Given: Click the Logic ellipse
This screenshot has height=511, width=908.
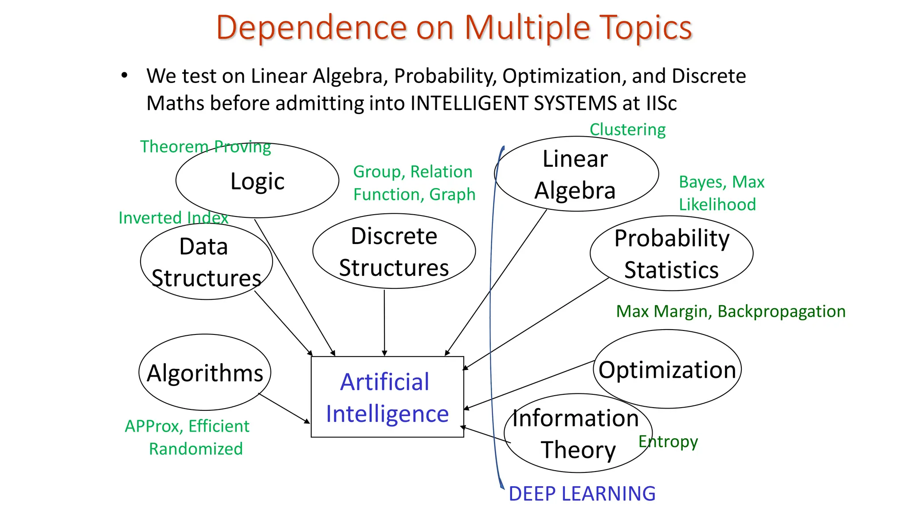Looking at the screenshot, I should click(x=257, y=181).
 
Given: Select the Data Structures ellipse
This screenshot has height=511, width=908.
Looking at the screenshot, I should click(x=206, y=262).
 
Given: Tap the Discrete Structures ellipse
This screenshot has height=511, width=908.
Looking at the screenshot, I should click(x=394, y=252).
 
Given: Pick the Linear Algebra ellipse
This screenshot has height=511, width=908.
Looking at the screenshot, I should click(x=576, y=174).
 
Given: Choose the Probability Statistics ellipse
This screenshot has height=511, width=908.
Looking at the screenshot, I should click(x=671, y=254).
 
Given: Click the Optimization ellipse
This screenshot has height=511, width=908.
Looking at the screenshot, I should click(x=667, y=369).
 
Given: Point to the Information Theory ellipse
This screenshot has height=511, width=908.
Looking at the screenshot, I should click(x=577, y=433).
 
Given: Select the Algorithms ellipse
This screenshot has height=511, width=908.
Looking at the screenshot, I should click(x=205, y=373).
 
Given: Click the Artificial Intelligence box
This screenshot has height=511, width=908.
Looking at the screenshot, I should click(x=387, y=397).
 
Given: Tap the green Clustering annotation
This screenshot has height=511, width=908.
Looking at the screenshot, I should click(x=627, y=130).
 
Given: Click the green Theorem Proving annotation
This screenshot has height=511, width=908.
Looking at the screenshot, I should click(x=205, y=146).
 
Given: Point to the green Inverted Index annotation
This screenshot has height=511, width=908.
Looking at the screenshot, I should click(x=173, y=217).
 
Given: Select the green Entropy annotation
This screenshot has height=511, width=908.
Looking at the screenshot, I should click(x=668, y=441).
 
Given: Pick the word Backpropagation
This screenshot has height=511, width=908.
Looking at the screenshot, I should click(x=781, y=311).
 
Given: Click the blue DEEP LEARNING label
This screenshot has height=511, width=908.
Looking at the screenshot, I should click(x=582, y=494).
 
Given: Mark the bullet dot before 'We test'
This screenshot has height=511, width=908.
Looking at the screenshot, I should click(x=125, y=75).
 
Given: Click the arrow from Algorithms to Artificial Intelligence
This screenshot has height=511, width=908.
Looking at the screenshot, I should click(x=284, y=408).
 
